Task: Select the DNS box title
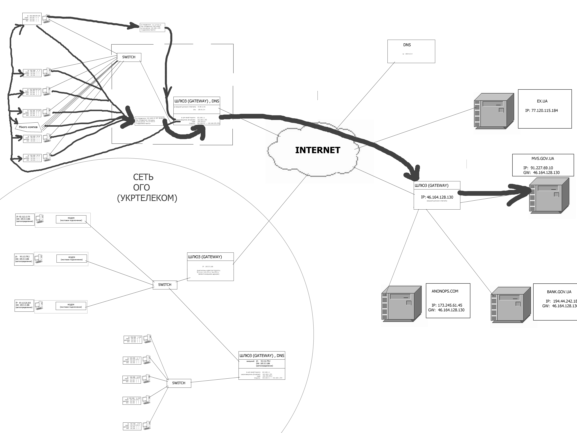[x=407, y=45]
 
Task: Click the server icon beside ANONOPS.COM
[x=402, y=304]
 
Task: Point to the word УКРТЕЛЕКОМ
[x=147, y=198]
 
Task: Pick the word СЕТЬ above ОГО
[x=143, y=177]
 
